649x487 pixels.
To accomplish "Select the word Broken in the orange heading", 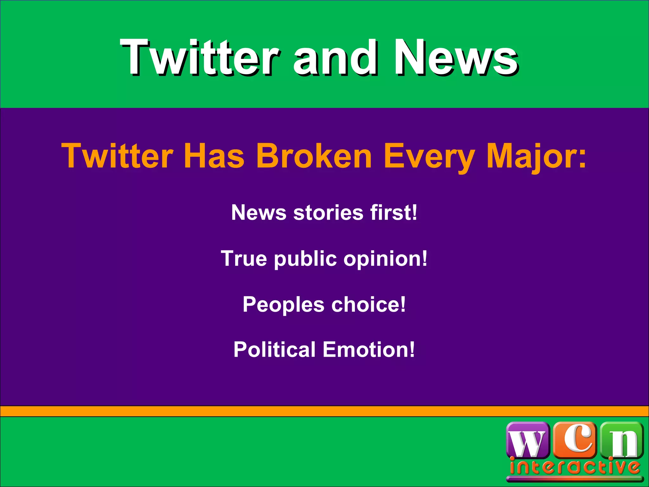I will coord(314,156).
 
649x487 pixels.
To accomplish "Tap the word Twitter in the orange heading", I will coord(117,156).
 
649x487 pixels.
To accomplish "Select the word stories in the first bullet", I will coord(328,212).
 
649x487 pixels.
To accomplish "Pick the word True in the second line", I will coord(244,258).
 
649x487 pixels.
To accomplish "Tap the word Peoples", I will coord(283,304).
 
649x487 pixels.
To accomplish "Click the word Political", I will coord(274,349).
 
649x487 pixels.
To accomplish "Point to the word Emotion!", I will coord(369,349).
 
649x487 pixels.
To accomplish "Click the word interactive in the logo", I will coord(574,467).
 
